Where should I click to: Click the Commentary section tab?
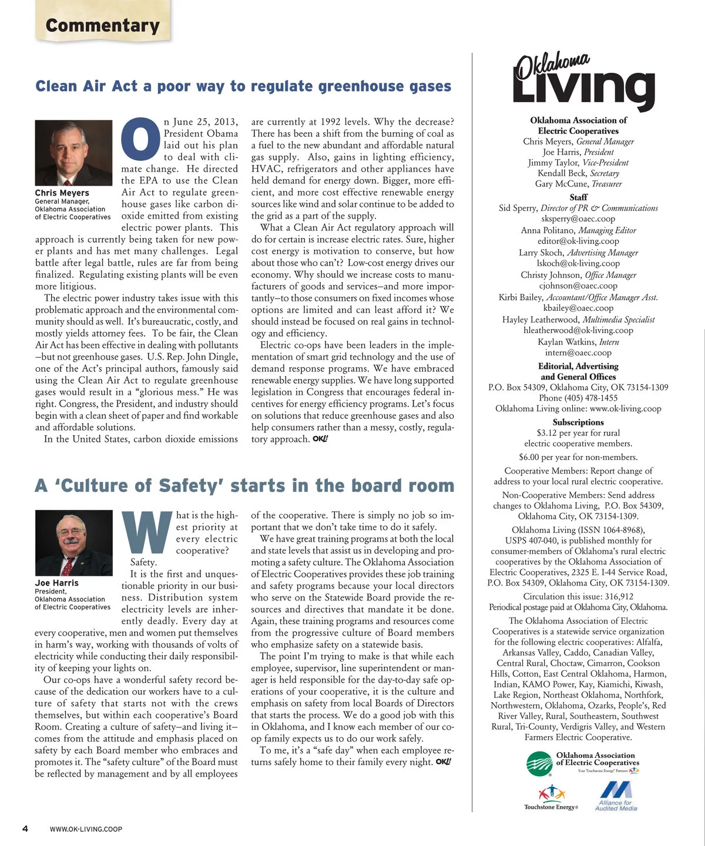102,25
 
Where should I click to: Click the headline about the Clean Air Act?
243,86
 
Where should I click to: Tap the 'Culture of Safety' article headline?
244,486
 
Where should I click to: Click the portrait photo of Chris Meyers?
73,153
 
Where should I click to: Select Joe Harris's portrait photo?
73,543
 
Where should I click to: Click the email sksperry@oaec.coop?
578,219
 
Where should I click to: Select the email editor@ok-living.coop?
578,241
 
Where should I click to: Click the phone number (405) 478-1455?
578,398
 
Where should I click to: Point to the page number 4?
25,828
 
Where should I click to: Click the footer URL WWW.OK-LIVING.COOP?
86,829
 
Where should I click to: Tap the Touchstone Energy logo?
551,798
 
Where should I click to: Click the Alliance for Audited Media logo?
616,796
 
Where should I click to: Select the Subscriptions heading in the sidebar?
578,422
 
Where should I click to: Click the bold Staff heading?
578,197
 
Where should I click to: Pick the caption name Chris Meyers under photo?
62,193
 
